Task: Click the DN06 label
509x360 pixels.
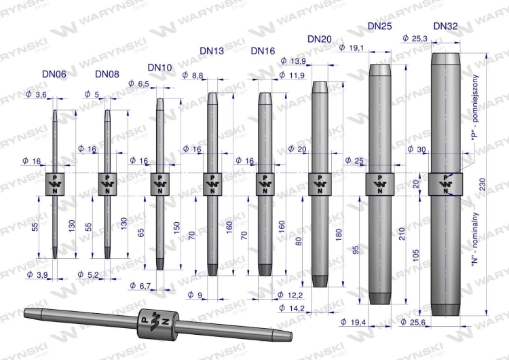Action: pyautogui.click(x=54, y=74)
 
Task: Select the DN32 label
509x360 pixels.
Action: pyautogui.click(x=445, y=26)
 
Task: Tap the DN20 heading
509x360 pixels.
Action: pyautogui.click(x=320, y=39)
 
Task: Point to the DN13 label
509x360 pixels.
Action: pyautogui.click(x=212, y=51)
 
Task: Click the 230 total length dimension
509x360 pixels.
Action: pyautogui.click(x=483, y=184)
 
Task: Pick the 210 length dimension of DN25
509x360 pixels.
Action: pyautogui.click(x=402, y=234)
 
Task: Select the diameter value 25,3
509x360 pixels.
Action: pyautogui.click(x=415, y=38)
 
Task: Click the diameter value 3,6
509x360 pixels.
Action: pyautogui.click(x=36, y=94)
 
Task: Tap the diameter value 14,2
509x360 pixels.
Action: pyautogui.click(x=292, y=308)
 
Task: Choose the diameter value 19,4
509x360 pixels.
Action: pyautogui.click(x=353, y=322)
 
